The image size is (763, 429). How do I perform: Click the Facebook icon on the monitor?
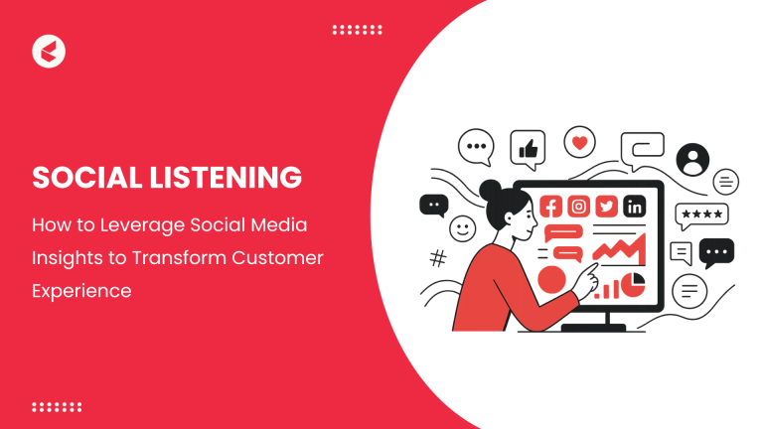(551, 208)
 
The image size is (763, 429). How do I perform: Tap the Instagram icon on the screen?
(578, 208)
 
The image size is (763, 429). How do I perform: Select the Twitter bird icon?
(606, 208)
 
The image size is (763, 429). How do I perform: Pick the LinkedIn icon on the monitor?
(633, 208)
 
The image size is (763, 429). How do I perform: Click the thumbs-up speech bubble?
(528, 150)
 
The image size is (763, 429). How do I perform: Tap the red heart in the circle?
(579, 143)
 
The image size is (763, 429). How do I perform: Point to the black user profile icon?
(691, 159)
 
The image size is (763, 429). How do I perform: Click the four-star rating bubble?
(700, 214)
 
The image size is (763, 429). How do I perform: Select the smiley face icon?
(463, 228)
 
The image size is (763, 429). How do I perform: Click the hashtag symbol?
(437, 259)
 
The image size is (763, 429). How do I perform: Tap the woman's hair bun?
(489, 188)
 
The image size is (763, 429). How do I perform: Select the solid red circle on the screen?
(551, 280)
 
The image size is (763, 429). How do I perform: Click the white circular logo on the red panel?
(49, 51)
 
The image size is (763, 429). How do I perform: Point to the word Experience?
(82, 293)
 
